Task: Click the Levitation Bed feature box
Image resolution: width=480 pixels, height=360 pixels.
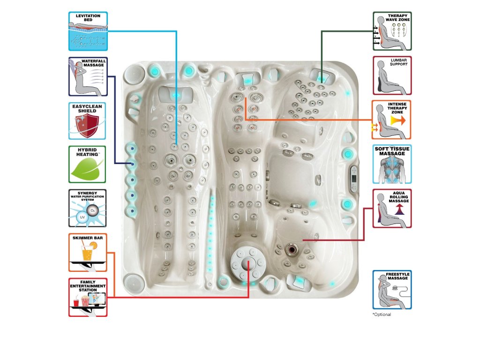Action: coord(88,31)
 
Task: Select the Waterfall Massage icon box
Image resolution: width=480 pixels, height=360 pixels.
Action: coord(88,76)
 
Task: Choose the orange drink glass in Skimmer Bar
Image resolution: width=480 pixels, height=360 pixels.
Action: coord(87,254)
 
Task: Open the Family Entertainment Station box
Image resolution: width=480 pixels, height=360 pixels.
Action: coord(88,297)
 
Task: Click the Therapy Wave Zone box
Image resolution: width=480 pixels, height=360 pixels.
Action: coord(392,31)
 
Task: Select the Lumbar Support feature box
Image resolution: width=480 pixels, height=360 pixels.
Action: coord(392,75)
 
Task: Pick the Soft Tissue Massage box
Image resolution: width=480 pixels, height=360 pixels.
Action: coord(392,164)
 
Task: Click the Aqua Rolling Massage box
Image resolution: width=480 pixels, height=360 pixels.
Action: coord(392,209)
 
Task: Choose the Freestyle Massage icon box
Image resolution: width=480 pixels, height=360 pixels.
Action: coord(392,289)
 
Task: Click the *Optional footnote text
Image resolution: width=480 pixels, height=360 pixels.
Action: coord(382,315)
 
